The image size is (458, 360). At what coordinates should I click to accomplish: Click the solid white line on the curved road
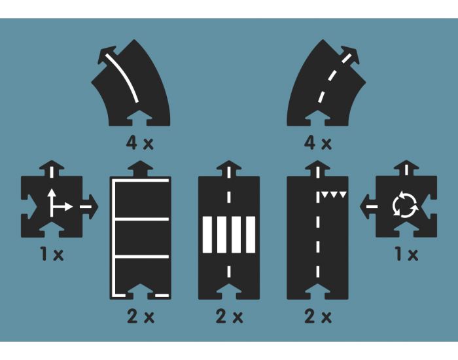tap(123, 77)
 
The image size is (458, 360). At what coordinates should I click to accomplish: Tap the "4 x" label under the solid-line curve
tap(139, 143)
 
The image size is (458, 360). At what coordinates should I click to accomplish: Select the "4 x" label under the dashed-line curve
tap(318, 143)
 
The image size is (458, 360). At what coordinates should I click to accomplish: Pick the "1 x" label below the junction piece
tap(52, 254)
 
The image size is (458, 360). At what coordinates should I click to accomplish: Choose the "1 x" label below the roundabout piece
tap(406, 254)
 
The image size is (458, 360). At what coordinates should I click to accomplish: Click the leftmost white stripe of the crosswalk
tap(207, 234)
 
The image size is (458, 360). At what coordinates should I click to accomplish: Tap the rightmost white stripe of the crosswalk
tap(251, 234)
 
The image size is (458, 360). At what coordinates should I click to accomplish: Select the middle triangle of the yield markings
tap(334, 194)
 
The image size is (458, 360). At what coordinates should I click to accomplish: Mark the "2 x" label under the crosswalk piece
tap(229, 317)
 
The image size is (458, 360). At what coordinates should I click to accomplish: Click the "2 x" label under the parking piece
tap(141, 317)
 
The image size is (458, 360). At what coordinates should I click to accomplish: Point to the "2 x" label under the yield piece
tap(318, 317)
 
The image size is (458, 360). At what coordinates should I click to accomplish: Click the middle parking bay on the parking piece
tap(142, 238)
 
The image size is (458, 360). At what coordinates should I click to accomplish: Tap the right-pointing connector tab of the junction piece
tap(90, 207)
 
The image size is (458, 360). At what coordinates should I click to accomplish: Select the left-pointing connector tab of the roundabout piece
tap(368, 207)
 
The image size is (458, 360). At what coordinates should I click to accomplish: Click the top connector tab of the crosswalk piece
tap(229, 169)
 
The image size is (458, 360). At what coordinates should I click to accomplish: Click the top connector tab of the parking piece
tap(141, 169)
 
